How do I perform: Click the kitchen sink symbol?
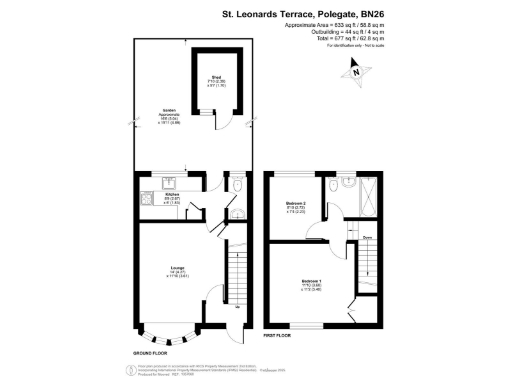click(x=169, y=183)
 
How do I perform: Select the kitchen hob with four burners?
click(x=145, y=197)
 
